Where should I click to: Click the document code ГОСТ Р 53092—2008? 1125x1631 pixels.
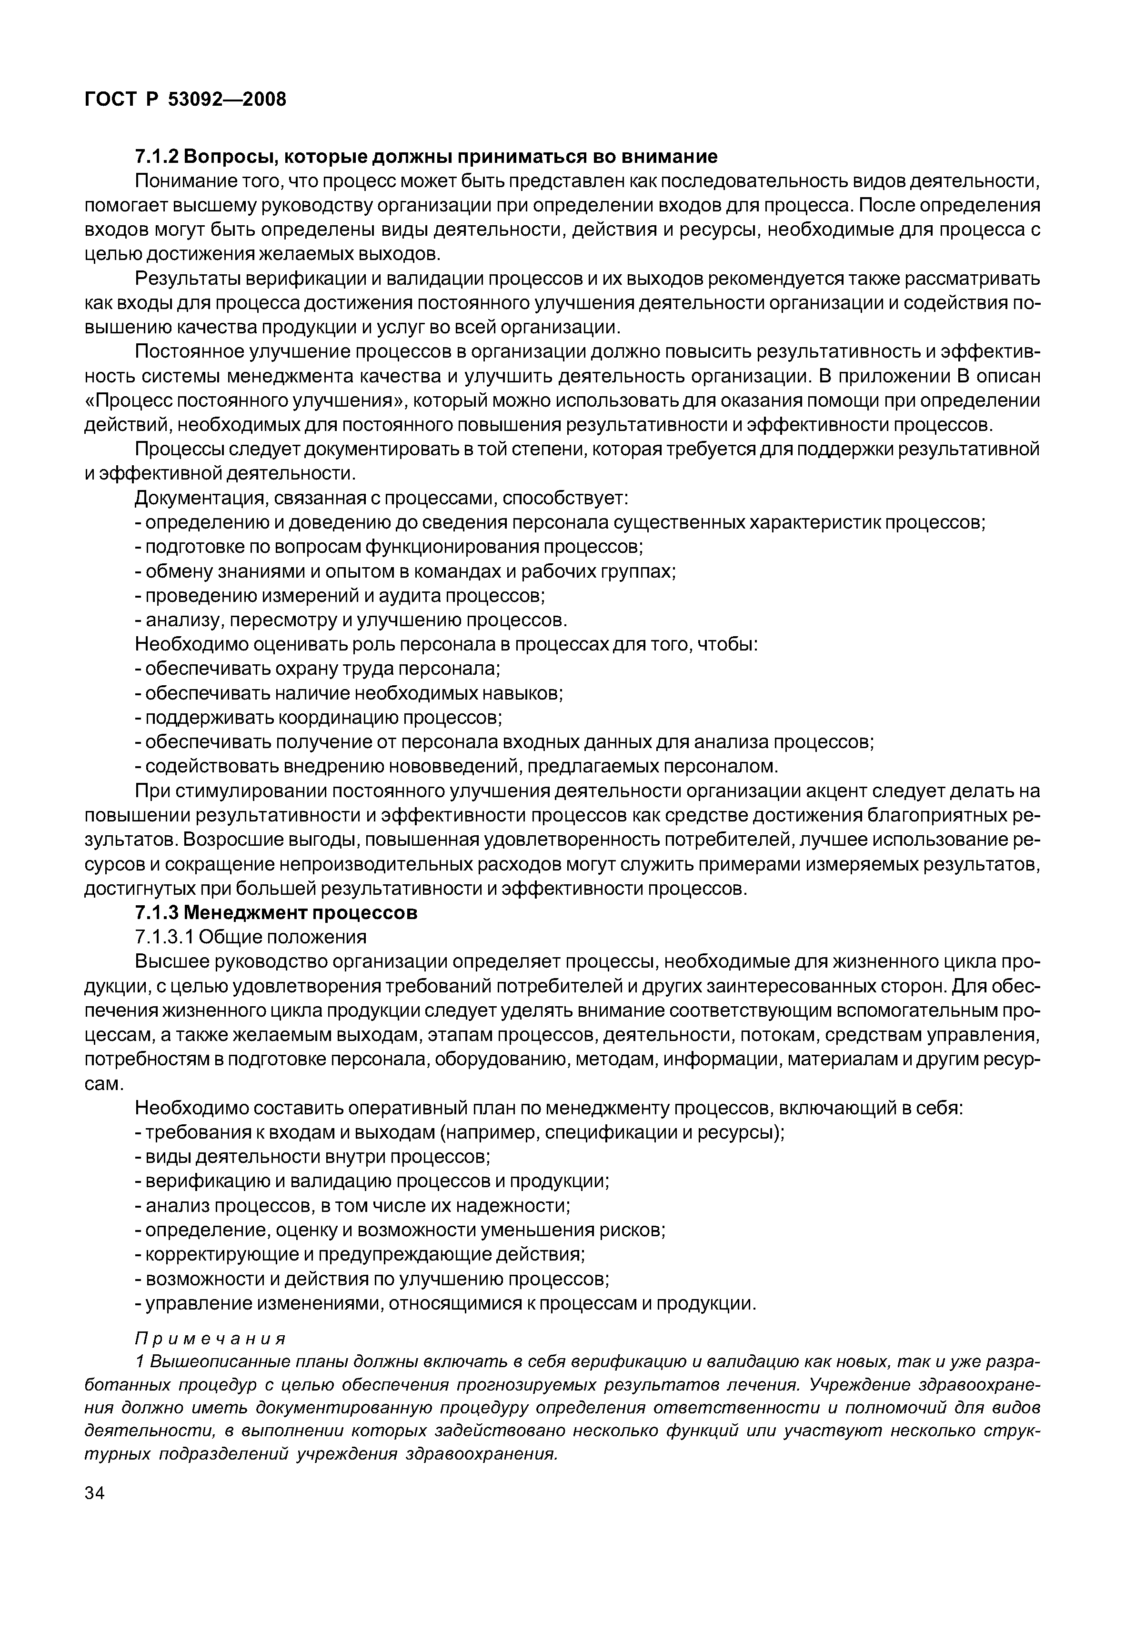pyautogui.click(x=185, y=100)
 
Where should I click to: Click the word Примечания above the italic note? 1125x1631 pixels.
pyautogui.click(x=210, y=1338)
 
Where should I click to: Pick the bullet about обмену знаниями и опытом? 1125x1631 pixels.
pyautogui.click(x=405, y=571)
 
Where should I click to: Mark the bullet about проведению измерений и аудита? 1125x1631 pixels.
pyautogui.click(x=340, y=596)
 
